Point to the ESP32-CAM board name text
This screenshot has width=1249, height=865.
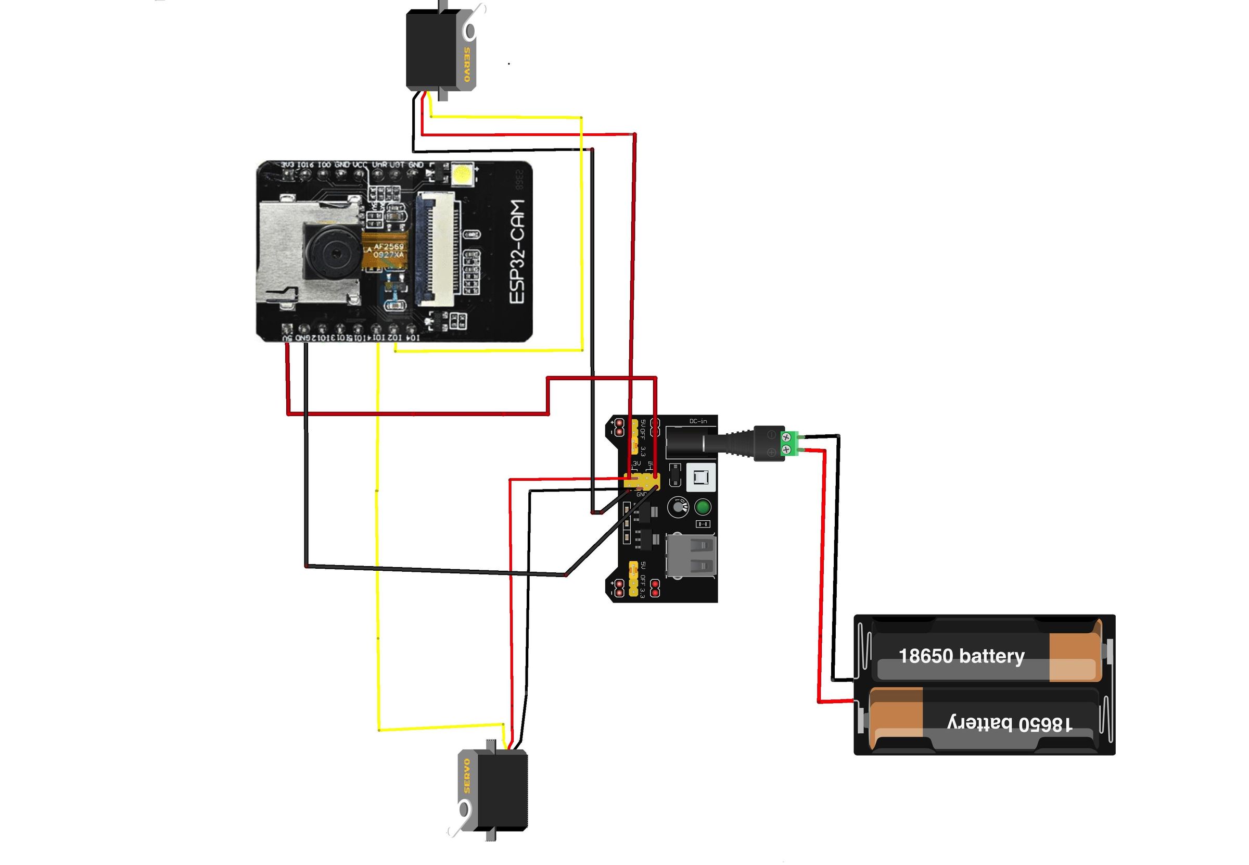coord(517,252)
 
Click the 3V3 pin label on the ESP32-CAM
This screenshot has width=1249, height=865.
coord(287,164)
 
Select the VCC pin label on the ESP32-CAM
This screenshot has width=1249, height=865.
coord(360,164)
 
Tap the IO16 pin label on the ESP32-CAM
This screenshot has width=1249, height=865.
coord(305,164)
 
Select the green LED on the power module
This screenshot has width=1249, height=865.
coord(703,507)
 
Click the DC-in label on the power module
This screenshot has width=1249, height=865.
coord(698,421)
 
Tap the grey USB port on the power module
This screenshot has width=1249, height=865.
coord(691,556)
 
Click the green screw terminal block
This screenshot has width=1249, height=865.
coord(789,443)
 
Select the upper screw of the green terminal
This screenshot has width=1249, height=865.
coord(786,437)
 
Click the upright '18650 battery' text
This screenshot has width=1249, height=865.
coord(961,656)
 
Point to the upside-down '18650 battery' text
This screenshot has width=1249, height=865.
coord(1009,723)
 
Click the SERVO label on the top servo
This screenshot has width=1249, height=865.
coord(466,65)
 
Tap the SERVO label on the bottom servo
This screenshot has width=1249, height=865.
coord(467,775)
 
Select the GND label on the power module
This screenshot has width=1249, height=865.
coord(641,494)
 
